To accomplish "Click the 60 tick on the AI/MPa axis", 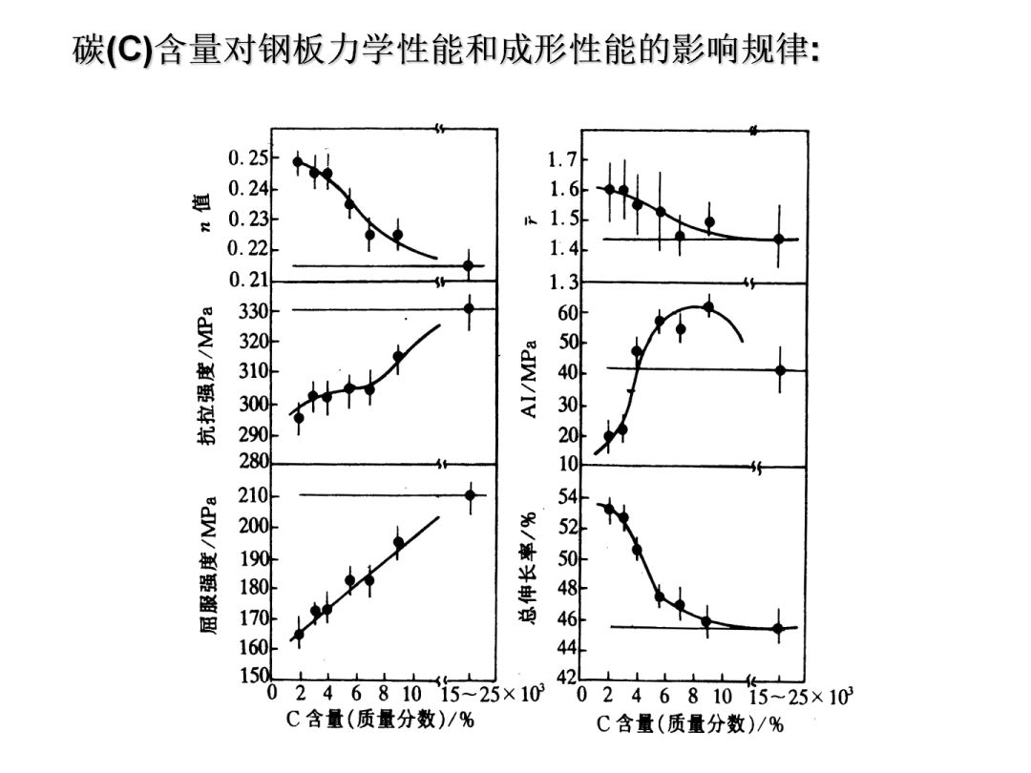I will click(x=566, y=312).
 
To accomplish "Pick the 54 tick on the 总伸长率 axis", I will click(x=566, y=496).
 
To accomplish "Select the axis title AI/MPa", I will click(x=531, y=379).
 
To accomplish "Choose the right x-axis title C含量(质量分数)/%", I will click(x=689, y=724).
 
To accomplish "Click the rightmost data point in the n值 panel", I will click(x=468, y=265).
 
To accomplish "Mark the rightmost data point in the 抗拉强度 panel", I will click(x=469, y=307).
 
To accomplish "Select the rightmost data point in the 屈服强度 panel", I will click(x=470, y=494).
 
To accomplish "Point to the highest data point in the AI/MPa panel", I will click(x=708, y=307).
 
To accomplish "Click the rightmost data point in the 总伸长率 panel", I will click(x=778, y=628).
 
